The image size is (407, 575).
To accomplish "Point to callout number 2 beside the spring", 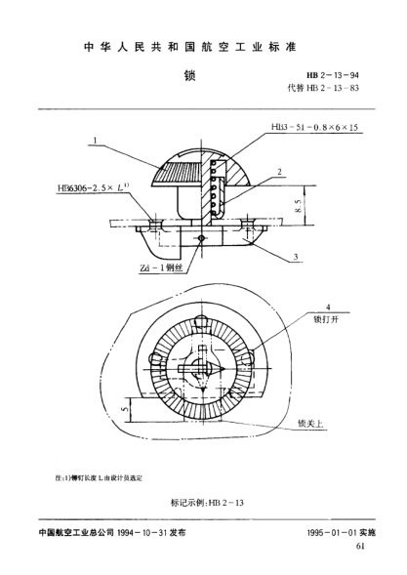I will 279,171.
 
